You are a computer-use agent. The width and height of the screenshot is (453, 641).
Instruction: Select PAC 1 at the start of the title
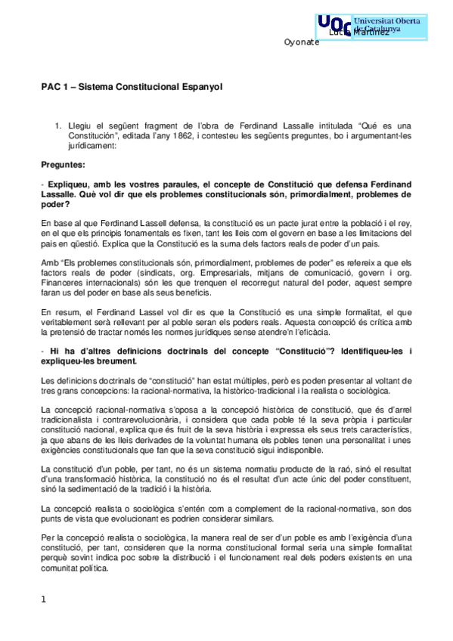pos(54,87)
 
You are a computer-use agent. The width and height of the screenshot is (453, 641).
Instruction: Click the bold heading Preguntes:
pos(63,163)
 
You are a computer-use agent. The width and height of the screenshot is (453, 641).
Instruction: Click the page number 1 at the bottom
pos(44,599)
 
